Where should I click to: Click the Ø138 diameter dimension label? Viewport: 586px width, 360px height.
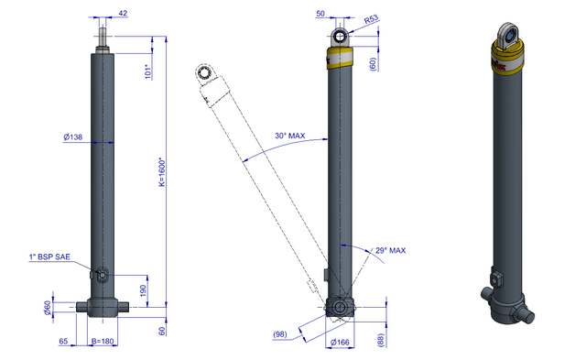tap(73, 136)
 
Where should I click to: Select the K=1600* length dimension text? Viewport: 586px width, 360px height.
tap(162, 172)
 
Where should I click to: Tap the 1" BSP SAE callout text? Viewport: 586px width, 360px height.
tap(49, 256)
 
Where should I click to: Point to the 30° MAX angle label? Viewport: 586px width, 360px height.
tap(290, 136)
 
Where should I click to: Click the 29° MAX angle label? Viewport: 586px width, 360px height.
tap(391, 250)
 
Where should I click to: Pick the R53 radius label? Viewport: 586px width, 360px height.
tap(371, 19)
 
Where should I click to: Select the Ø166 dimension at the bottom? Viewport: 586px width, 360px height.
tap(340, 342)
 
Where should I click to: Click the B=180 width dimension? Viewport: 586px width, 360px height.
tap(103, 341)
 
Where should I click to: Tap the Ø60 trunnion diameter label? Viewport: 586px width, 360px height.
tap(48, 308)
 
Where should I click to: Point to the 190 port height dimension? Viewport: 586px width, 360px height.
tap(143, 290)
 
